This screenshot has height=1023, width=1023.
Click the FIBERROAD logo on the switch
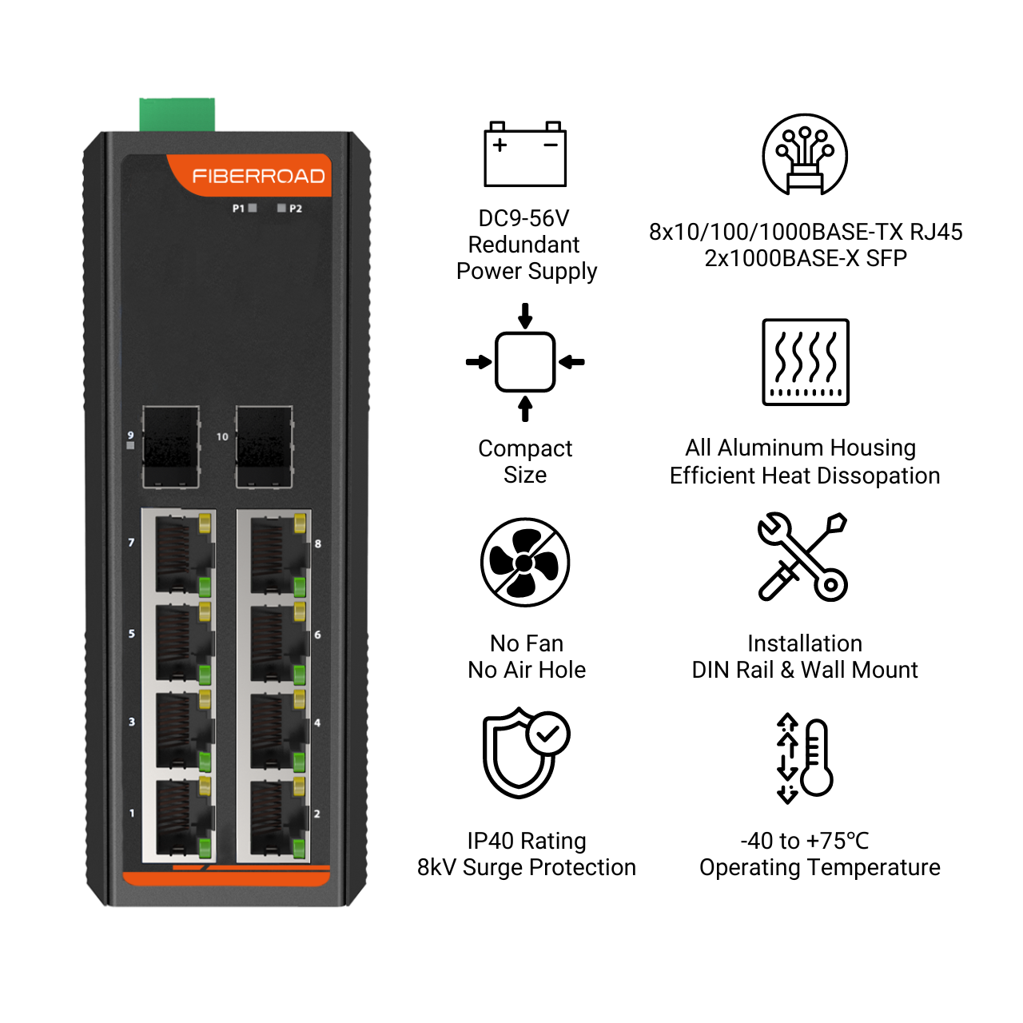coord(258,177)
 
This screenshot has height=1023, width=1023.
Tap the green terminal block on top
coord(177,114)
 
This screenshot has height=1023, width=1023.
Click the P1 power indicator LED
coord(253,208)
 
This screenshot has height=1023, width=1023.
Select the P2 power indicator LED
coord(281,208)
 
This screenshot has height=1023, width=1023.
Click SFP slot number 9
coord(171,447)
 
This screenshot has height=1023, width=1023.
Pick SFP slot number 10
coord(264,447)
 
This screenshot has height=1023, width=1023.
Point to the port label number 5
coord(132,633)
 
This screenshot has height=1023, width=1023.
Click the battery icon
coord(524,154)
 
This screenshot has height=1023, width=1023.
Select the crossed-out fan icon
coord(524,562)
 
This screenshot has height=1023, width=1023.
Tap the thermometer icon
coord(805,758)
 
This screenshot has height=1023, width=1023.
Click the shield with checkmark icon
coord(526,753)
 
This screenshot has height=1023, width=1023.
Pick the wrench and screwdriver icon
coord(802,556)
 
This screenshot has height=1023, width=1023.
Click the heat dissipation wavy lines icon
coord(806,362)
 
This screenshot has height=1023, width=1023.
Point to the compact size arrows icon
coord(525,362)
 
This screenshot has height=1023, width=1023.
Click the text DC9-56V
coord(523,218)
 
